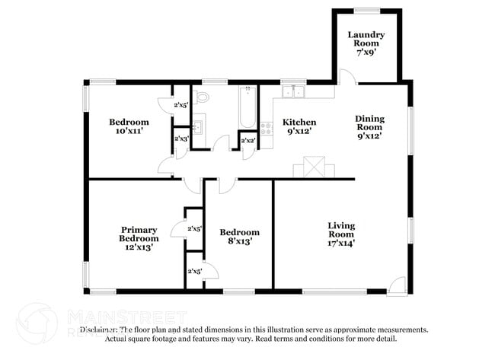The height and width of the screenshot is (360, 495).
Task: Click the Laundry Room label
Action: tap(366, 40)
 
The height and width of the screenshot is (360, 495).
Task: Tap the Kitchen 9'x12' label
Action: tap(299, 127)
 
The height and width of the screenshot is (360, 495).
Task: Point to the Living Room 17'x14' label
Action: tap(341, 234)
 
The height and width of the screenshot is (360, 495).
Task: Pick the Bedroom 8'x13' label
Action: tap(239, 237)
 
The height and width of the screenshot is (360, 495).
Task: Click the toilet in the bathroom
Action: tap(201, 97)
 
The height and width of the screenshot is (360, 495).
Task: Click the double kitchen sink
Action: tap(292, 92)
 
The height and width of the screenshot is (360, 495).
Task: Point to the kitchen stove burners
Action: tap(267, 129)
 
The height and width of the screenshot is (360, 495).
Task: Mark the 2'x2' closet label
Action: tap(247, 141)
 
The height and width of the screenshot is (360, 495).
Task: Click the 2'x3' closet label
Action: tap(181, 139)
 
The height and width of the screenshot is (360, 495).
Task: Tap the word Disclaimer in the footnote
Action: tap(99, 330)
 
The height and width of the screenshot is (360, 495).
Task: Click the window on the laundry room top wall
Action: tap(366, 10)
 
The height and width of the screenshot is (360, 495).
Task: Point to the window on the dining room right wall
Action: tap(410, 126)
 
